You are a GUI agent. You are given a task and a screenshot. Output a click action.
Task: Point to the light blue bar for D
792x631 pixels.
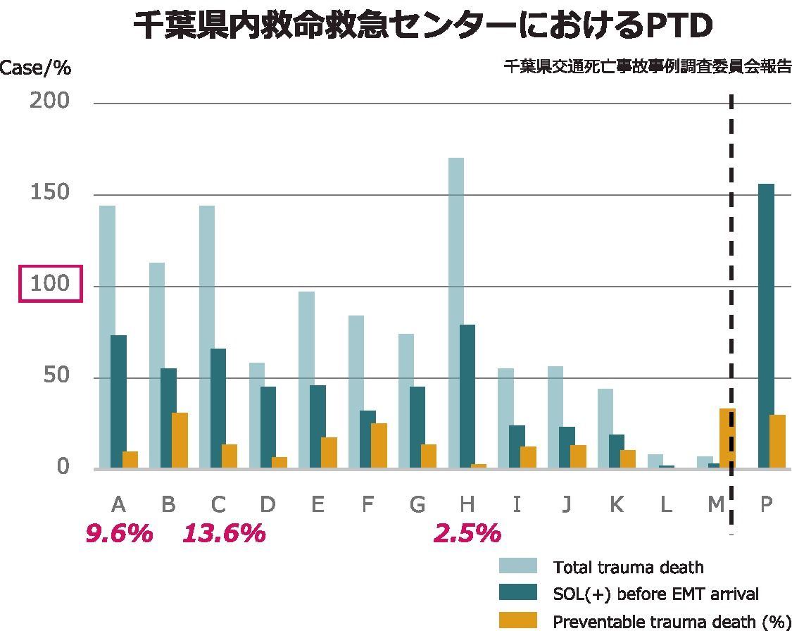[x=257, y=416]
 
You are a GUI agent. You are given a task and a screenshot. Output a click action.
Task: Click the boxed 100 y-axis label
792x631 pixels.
[x=51, y=284]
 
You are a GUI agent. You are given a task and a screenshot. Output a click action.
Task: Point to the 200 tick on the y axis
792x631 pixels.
[x=50, y=101]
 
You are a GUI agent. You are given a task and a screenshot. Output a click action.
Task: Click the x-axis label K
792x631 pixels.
[x=616, y=504]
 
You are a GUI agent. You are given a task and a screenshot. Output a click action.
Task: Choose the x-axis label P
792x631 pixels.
[x=767, y=504]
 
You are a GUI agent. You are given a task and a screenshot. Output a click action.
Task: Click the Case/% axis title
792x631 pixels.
[x=35, y=68]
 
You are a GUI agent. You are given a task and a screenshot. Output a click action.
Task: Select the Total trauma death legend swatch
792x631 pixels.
[x=517, y=566]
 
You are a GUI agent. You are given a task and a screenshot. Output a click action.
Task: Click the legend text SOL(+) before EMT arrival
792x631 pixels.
[x=655, y=594]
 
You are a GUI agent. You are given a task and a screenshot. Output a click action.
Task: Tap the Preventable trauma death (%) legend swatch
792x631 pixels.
[x=517, y=620]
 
